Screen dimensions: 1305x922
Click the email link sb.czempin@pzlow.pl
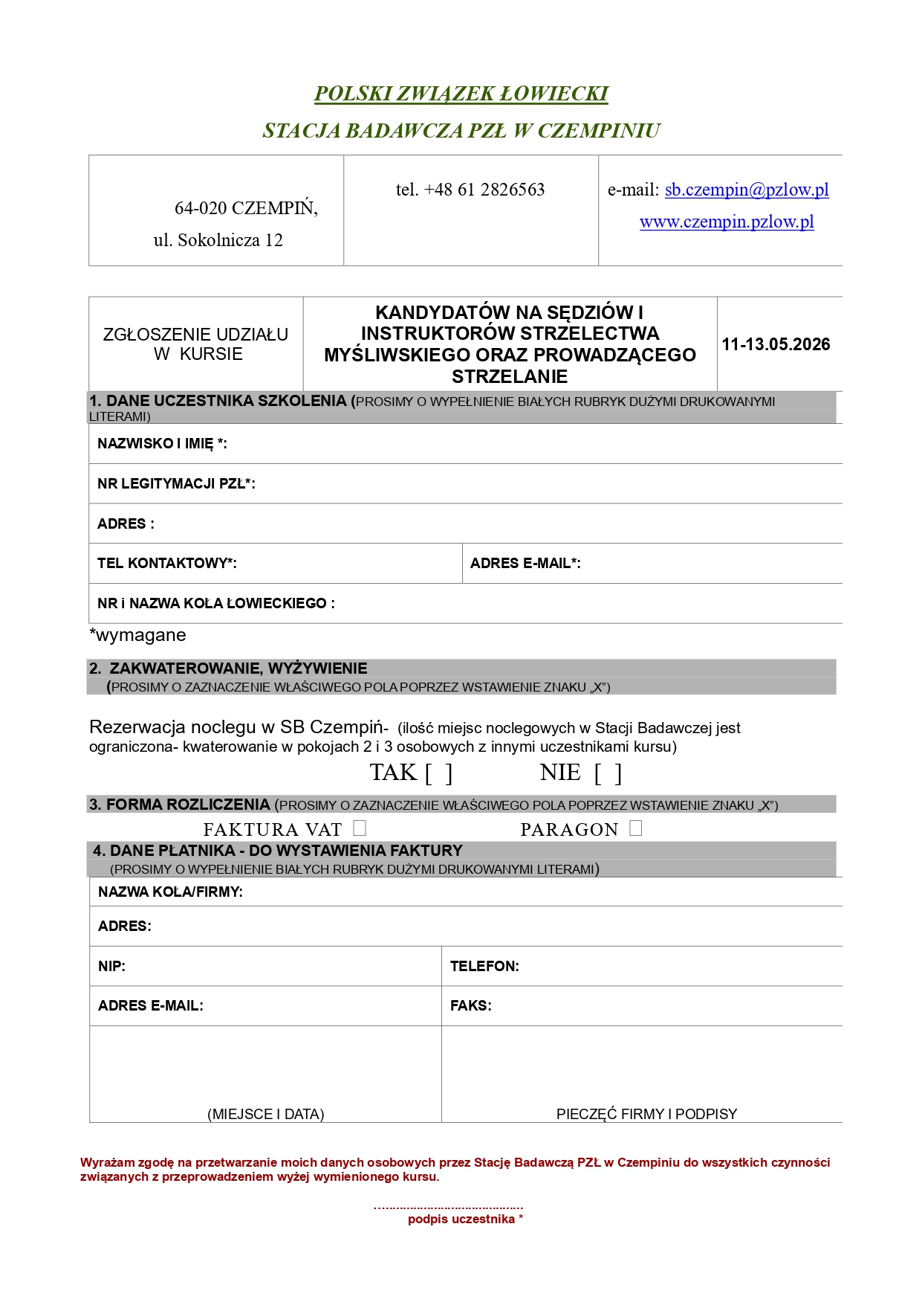(747, 190)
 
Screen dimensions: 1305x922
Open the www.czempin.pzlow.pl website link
(727, 222)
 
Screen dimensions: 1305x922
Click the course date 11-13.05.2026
(776, 344)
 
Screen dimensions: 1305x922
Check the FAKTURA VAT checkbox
(360, 828)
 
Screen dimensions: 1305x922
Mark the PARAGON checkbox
(635, 828)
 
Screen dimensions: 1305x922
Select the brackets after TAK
(438, 773)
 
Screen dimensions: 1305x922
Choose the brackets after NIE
(608, 773)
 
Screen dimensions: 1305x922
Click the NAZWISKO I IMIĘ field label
(162, 444)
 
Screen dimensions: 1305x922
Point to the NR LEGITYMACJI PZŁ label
(176, 484)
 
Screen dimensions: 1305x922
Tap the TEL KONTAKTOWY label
(166, 564)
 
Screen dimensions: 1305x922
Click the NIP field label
(111, 967)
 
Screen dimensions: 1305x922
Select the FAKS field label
(470, 1006)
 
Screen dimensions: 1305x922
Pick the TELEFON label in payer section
(484, 967)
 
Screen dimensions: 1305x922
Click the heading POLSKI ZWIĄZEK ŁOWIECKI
(461, 94)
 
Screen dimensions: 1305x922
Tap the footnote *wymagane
(137, 636)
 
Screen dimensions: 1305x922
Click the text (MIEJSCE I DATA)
(265, 1114)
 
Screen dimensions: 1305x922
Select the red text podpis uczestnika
(462, 1219)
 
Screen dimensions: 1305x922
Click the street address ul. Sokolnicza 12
(218, 240)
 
